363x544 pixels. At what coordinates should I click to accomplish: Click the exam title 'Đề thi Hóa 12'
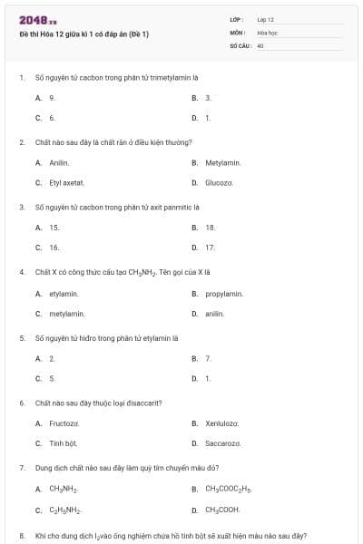point(83,34)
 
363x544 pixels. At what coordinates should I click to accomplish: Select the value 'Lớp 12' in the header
point(266,19)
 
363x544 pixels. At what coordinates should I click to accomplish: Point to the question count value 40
point(260,44)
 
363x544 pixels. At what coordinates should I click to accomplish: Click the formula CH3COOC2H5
point(228,490)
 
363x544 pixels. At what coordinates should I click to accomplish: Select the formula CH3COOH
point(222,510)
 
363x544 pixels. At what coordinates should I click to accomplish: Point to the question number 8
point(21,536)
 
